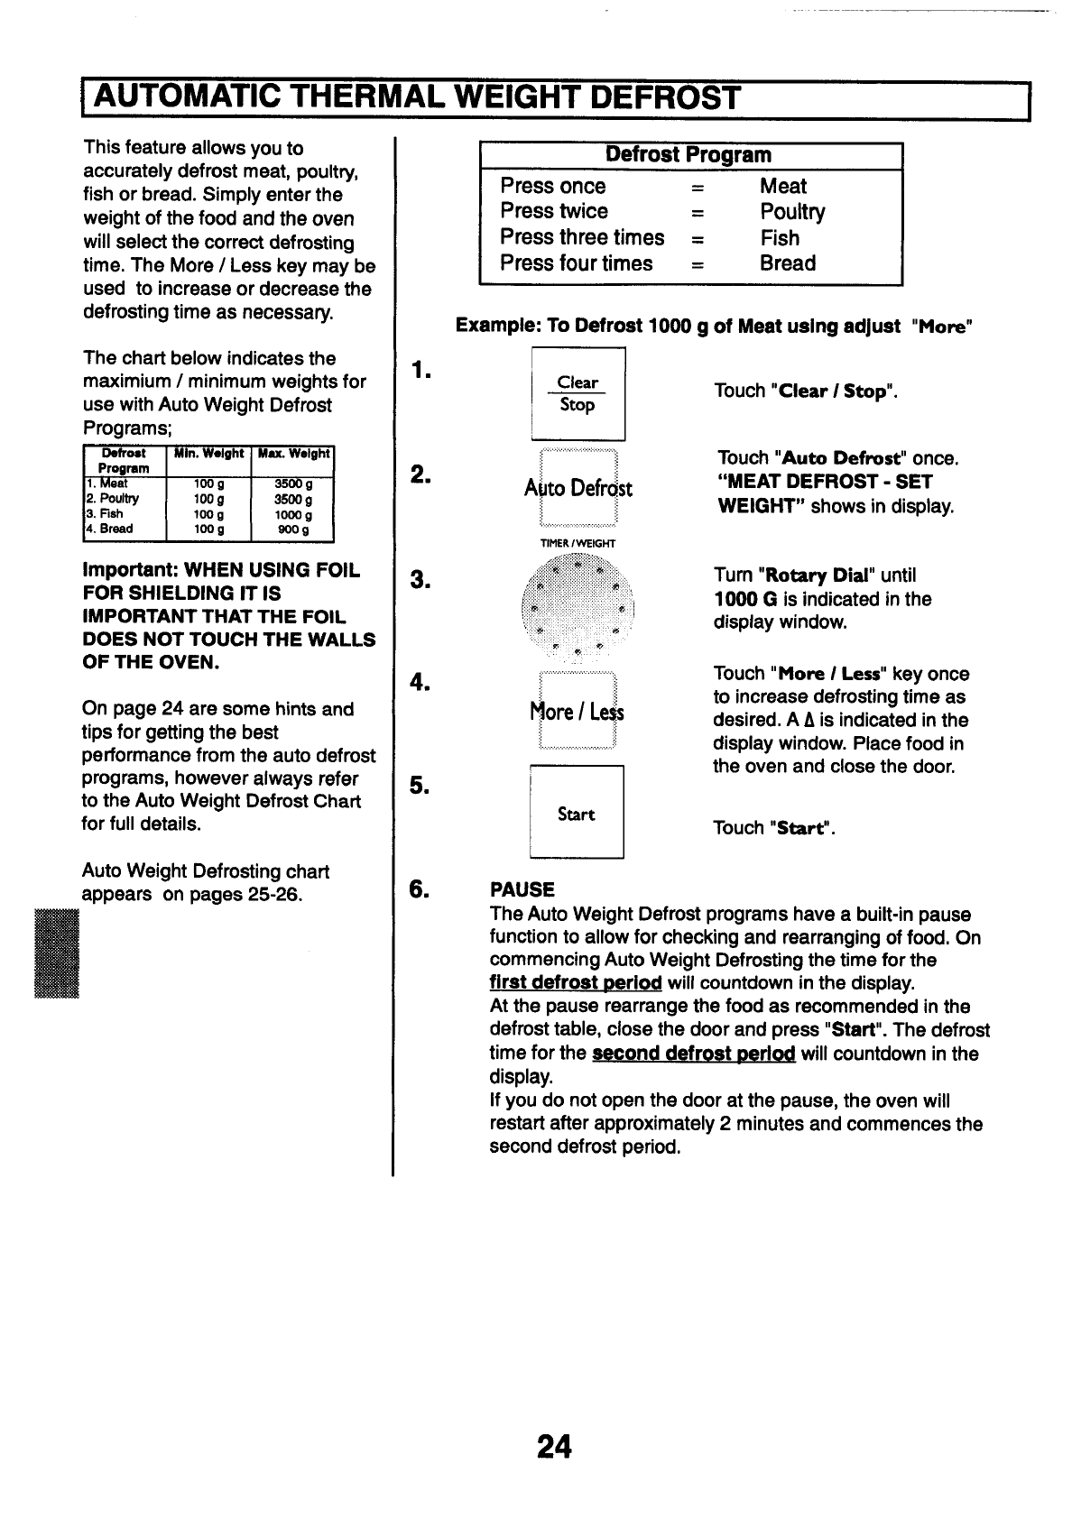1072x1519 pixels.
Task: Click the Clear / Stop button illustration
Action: pyautogui.click(x=578, y=394)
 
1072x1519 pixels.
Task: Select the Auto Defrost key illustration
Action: pyautogui.click(x=578, y=488)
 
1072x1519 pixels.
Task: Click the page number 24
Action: pyautogui.click(x=553, y=1446)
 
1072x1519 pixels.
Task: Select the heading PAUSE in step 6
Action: pyautogui.click(x=522, y=889)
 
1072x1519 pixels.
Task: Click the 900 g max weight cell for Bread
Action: pyautogui.click(x=293, y=529)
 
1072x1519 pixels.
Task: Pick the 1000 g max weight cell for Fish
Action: pyautogui.click(x=293, y=514)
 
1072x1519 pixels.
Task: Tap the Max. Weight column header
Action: pyautogui.click(x=294, y=454)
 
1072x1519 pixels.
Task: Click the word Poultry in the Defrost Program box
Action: pyautogui.click(x=792, y=212)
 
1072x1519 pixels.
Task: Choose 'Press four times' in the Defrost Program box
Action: pyautogui.click(x=577, y=263)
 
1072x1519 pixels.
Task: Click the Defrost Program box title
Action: pyautogui.click(x=689, y=155)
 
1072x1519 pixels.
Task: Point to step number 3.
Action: pyautogui.click(x=420, y=578)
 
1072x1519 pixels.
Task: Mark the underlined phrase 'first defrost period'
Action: pyautogui.click(x=576, y=982)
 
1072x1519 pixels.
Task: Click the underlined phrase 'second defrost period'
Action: pyautogui.click(x=693, y=1054)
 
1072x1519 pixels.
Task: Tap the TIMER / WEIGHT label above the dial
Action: pyautogui.click(x=578, y=543)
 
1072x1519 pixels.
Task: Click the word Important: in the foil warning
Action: pyautogui.click(x=130, y=570)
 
